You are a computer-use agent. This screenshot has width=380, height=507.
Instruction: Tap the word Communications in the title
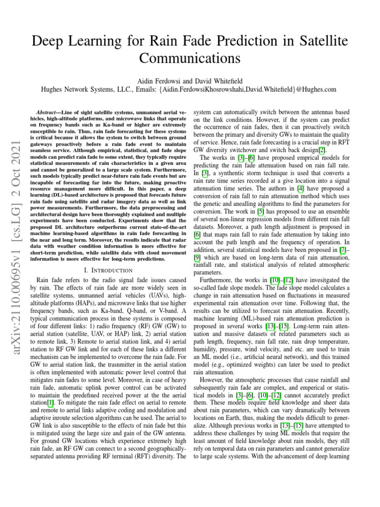pos(190,58)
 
